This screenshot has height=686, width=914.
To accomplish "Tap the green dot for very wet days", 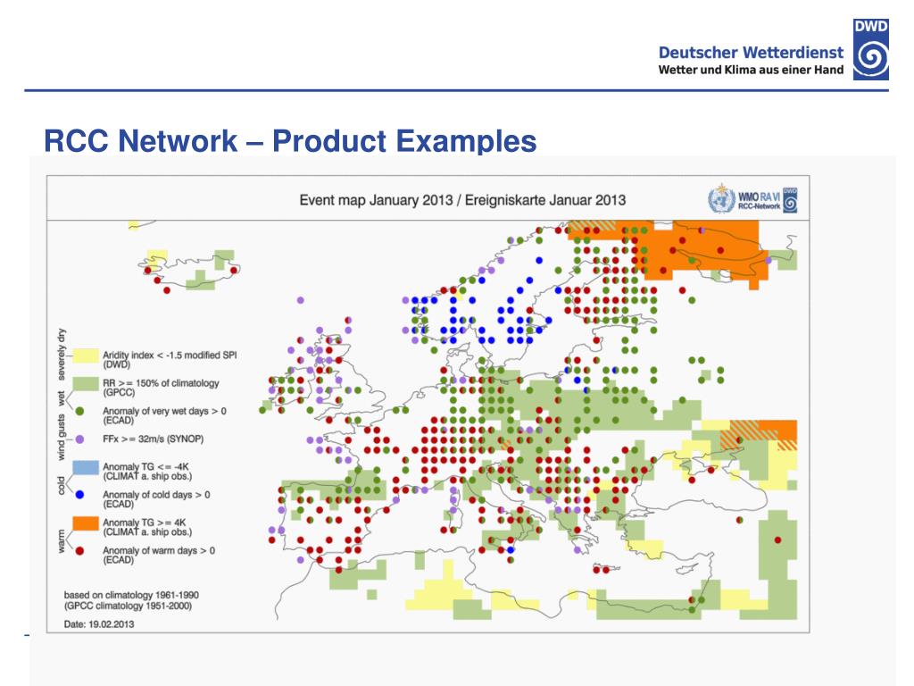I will click(79, 412).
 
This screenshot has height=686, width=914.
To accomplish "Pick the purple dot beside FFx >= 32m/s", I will click(79, 439).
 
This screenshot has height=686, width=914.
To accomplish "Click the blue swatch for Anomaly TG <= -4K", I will click(86, 468).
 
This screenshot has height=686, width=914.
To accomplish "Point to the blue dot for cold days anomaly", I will click(79, 494).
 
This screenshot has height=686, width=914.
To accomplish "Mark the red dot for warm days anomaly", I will click(79, 550).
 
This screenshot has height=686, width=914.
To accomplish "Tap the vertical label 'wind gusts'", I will click(61, 432).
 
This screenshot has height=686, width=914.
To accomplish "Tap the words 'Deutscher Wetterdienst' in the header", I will click(751, 54).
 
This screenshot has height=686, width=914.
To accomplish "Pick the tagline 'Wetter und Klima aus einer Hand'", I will click(751, 71).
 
